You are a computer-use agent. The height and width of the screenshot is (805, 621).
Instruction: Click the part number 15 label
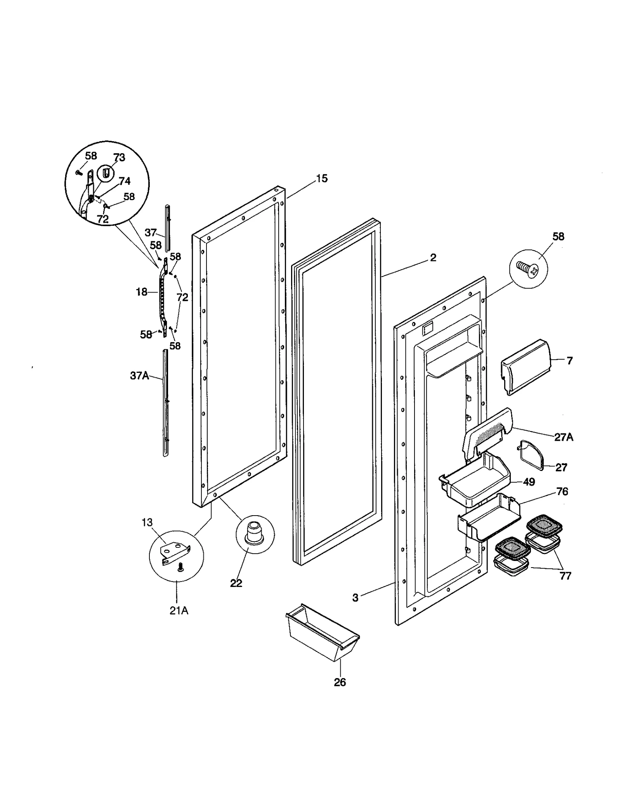[322, 179]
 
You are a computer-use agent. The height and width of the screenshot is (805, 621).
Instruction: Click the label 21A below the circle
[179, 611]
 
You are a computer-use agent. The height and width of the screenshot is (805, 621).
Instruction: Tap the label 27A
[564, 438]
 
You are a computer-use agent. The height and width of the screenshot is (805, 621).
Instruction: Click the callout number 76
[562, 492]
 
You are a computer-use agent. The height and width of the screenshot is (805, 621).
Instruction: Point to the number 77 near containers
[565, 576]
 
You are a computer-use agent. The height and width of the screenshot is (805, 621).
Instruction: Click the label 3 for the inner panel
[356, 598]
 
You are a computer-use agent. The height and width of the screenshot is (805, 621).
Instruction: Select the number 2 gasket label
[433, 258]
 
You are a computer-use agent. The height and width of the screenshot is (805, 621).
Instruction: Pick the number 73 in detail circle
[119, 158]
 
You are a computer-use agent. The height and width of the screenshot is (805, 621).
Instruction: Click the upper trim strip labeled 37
[167, 228]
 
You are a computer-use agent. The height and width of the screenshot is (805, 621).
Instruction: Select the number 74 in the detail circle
[125, 181]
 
